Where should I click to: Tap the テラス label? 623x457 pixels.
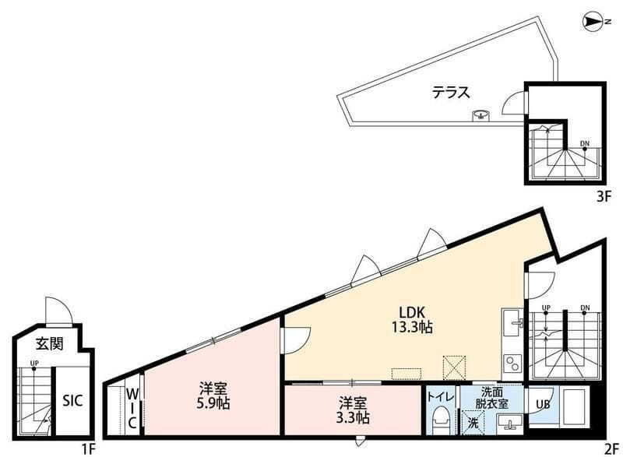(452, 93)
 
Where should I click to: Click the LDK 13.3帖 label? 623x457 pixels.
(412, 320)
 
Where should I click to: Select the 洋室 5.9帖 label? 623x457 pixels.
(213, 395)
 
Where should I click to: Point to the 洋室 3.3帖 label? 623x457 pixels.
(353, 410)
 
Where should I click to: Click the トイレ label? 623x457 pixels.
(440, 396)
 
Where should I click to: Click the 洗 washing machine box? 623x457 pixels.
(473, 423)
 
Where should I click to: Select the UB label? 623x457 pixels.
(543, 404)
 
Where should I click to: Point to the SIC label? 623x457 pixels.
(72, 400)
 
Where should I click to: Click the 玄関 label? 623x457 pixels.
(50, 343)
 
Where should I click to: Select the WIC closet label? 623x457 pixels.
(132, 409)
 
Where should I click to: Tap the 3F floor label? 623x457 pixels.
(603, 197)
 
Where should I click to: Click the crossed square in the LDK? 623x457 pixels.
(454, 367)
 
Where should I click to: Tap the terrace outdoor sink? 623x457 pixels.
(481, 115)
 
